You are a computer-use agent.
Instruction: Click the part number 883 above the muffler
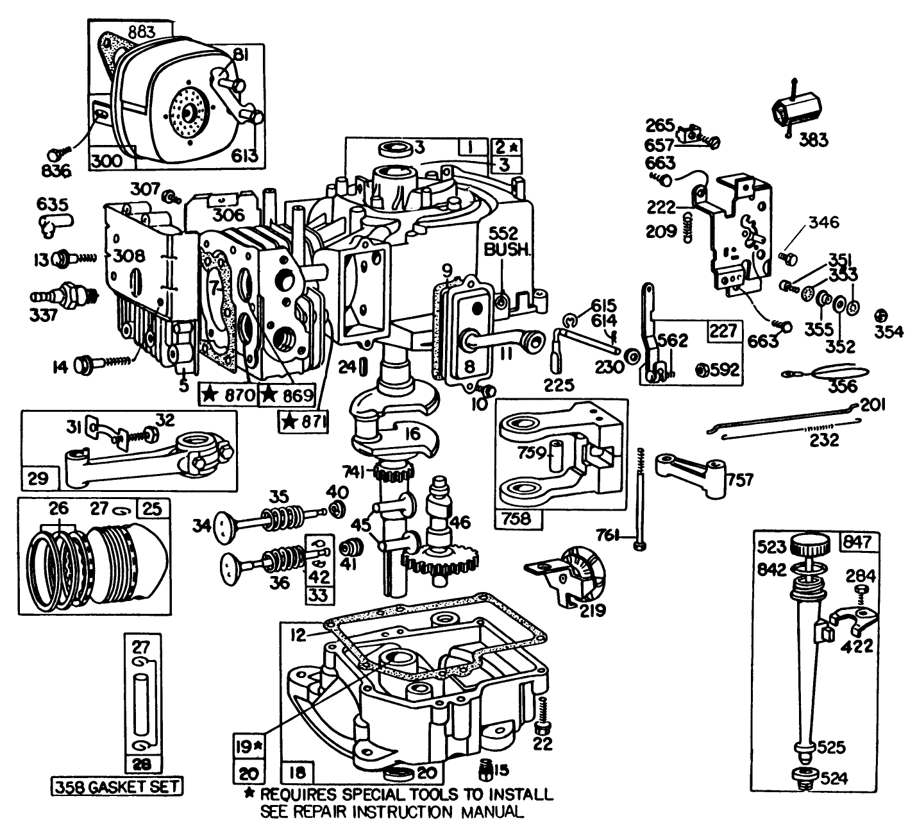click(x=137, y=31)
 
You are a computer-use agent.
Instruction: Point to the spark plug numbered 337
click(x=65, y=296)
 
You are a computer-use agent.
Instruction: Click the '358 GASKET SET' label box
click(x=117, y=786)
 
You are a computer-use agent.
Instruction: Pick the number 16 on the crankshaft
click(x=412, y=434)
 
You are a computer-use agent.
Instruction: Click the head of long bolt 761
click(x=639, y=545)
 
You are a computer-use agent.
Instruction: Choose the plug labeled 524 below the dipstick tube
click(x=802, y=777)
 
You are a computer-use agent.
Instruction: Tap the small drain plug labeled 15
click(x=488, y=768)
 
